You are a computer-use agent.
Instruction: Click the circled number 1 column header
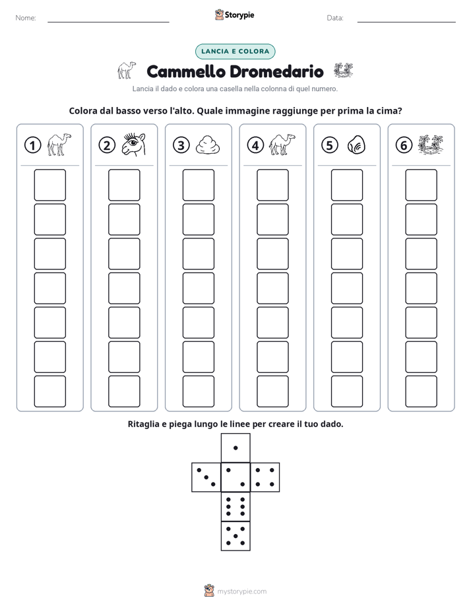coord(32,145)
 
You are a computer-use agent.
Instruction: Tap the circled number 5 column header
coord(330,145)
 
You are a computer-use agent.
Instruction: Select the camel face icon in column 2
coord(133,145)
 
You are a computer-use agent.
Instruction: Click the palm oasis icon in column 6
coord(431,144)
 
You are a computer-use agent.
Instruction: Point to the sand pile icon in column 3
coord(208,145)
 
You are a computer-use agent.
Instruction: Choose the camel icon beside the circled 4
coord(282,145)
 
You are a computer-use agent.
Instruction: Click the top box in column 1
coord(49,185)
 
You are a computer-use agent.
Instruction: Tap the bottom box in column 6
coord(421,391)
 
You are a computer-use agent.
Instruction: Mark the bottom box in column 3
coord(198,391)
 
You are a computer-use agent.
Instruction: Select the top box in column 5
coord(346,185)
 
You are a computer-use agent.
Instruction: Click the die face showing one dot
coord(235,448)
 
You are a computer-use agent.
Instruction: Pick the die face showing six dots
coord(235,506)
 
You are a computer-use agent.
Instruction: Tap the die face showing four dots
coord(265,477)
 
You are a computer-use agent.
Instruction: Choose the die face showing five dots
coord(235,535)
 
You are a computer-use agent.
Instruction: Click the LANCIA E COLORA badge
coord(235,51)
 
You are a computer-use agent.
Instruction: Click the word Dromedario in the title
coord(276,71)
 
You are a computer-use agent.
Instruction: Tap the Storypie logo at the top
coord(235,15)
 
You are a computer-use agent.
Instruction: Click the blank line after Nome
coord(108,22)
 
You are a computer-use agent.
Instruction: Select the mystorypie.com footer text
coord(241,592)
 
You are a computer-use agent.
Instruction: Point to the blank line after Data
coord(406,22)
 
